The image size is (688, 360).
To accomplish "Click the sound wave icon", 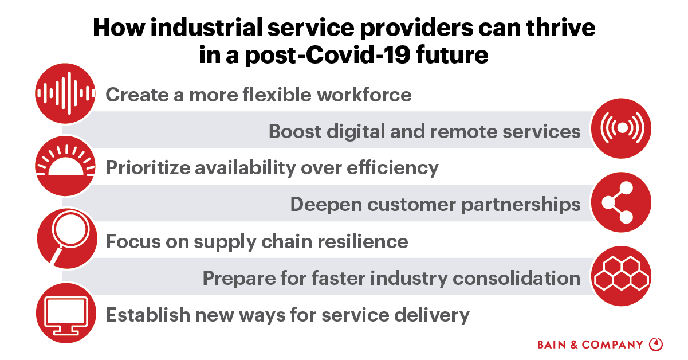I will tap(65, 92).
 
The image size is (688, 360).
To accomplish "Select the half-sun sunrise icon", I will tap(64, 166).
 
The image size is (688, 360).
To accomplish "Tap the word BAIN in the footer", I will tap(552, 345).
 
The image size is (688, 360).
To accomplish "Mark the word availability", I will tap(259, 167).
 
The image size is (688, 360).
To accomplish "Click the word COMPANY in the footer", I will tap(613, 345).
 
